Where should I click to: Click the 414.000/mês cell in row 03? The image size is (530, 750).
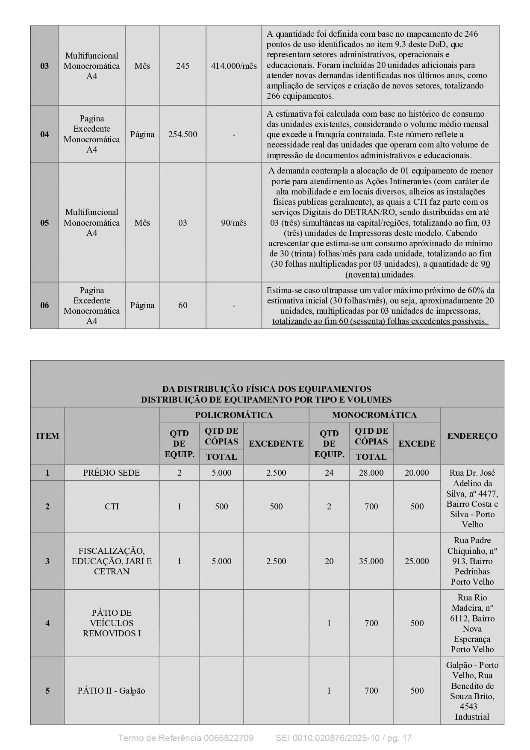pos(234,66)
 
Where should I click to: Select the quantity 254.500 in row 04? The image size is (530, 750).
pos(183,134)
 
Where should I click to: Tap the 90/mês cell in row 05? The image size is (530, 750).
pos(234,223)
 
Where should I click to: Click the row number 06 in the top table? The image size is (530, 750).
pos(44,305)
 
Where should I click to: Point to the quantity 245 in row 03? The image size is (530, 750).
pos(183,66)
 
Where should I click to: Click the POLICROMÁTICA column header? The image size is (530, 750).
pos(234,415)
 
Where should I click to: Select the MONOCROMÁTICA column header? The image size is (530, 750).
pos(374,415)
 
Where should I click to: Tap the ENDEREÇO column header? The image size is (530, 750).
pos(472,436)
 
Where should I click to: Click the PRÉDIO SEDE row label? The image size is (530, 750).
pos(112,473)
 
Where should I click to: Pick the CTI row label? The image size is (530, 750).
pos(112,506)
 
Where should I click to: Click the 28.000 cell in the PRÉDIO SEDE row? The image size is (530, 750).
pos(371,473)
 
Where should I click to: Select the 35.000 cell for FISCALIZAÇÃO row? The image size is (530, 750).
pos(371,561)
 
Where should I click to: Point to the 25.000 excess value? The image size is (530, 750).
pos(417,561)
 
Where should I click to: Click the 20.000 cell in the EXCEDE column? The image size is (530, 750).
pos(417,473)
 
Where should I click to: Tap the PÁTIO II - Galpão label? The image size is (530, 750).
pos(112,691)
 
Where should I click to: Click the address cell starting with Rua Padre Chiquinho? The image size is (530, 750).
pos(472,561)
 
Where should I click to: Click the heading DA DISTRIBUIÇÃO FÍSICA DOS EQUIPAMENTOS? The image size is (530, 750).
pos(266,389)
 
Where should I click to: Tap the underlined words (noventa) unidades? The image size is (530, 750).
pos(380,274)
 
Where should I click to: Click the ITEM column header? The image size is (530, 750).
pos(47,436)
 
